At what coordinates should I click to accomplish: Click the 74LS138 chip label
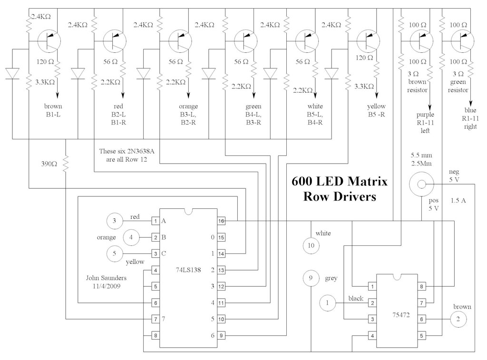188,270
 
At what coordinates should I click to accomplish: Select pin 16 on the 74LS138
221,221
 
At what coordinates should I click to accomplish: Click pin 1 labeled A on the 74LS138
155,221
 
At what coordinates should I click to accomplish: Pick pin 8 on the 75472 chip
422,287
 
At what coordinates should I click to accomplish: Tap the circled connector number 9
311,278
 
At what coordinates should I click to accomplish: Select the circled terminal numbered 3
114,220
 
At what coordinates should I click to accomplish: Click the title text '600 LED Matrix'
339,181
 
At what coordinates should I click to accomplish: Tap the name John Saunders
106,277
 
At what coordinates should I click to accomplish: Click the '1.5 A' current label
458,200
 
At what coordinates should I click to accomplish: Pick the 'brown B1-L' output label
52,110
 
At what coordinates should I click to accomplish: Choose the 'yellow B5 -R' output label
376,110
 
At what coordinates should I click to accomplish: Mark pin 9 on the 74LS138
221,336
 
